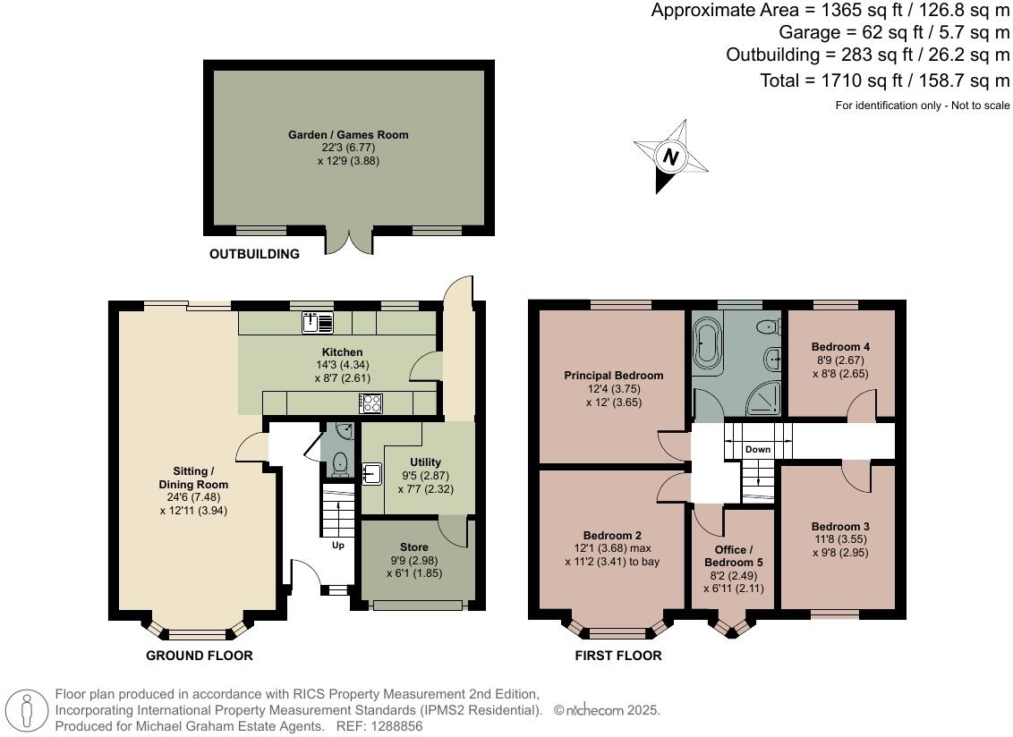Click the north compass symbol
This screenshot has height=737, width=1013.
[669, 157]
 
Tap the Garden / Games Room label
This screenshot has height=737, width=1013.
[348, 135]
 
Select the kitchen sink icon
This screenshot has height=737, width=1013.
[318, 322]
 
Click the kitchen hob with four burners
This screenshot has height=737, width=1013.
[370, 403]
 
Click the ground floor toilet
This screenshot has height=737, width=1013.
[338, 462]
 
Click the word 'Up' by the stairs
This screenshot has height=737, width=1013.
[337, 545]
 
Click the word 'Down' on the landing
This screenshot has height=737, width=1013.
[758, 449]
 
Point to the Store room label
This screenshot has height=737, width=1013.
[413, 546]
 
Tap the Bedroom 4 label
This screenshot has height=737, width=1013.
[840, 346]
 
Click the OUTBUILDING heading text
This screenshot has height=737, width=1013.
[254, 254]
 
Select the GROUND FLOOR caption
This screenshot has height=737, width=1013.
[200, 656]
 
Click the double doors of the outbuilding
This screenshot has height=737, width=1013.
[348, 241]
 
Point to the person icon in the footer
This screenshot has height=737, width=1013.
[27, 711]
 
